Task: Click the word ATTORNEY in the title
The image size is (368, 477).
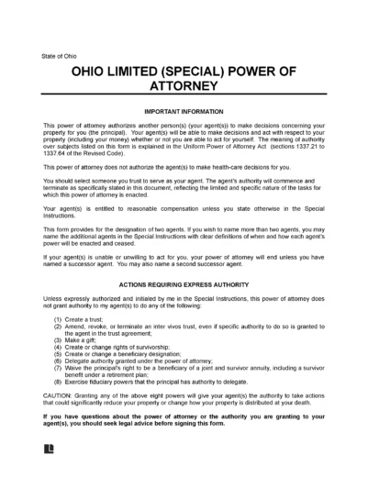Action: [184, 89]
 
